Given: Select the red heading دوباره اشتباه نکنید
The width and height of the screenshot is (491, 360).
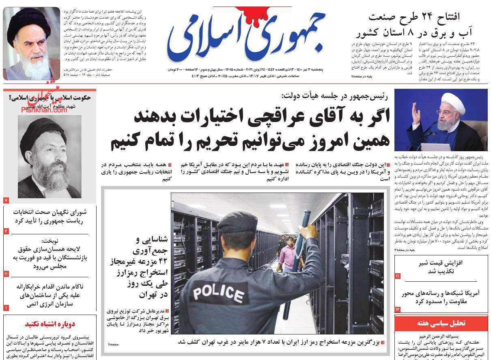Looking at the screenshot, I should (x=50, y=324).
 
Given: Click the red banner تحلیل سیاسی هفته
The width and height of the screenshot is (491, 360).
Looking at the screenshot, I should (x=441, y=323).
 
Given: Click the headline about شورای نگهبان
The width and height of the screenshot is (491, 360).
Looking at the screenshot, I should (x=50, y=216).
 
